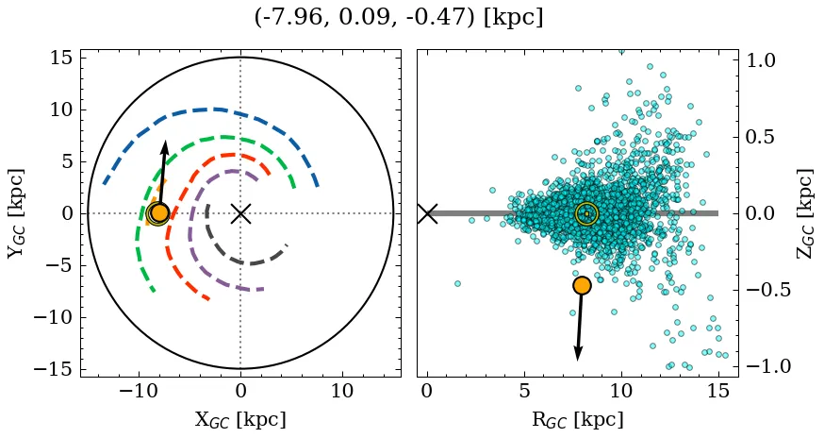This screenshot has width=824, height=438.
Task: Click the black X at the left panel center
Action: tap(240, 213)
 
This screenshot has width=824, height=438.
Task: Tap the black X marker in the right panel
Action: tap(427, 213)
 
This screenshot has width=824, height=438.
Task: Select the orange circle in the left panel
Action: tap(159, 212)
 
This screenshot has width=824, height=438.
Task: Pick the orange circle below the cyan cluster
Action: tap(582, 285)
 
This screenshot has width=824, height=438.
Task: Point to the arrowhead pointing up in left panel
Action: tap(165, 147)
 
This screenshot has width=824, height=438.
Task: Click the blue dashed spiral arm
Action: tap(217, 109)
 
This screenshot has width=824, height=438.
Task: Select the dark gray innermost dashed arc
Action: tap(240, 261)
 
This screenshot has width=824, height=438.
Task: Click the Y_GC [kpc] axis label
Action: tap(15, 213)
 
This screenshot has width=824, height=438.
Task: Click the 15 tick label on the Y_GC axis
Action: tap(61, 59)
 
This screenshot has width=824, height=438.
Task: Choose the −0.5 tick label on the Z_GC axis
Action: tap(768, 290)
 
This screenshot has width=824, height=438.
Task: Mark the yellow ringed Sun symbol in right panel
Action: tap(586, 214)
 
